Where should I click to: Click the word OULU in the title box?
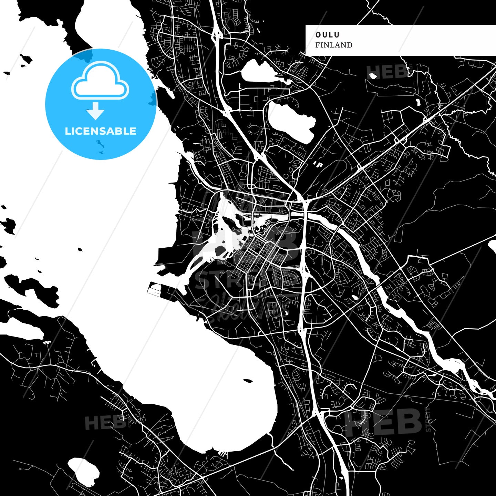point(327,35)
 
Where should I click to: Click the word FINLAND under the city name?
point(333,45)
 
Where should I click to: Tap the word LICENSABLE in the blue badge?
point(101,131)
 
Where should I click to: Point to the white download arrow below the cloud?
point(95,111)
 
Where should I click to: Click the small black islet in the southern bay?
point(248,381)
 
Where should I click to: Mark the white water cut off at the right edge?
point(493,248)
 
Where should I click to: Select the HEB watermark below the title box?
point(387,72)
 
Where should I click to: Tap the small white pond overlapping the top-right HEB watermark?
point(372,75)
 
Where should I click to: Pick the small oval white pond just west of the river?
point(354,297)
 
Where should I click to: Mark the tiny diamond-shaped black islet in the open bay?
point(80,249)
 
